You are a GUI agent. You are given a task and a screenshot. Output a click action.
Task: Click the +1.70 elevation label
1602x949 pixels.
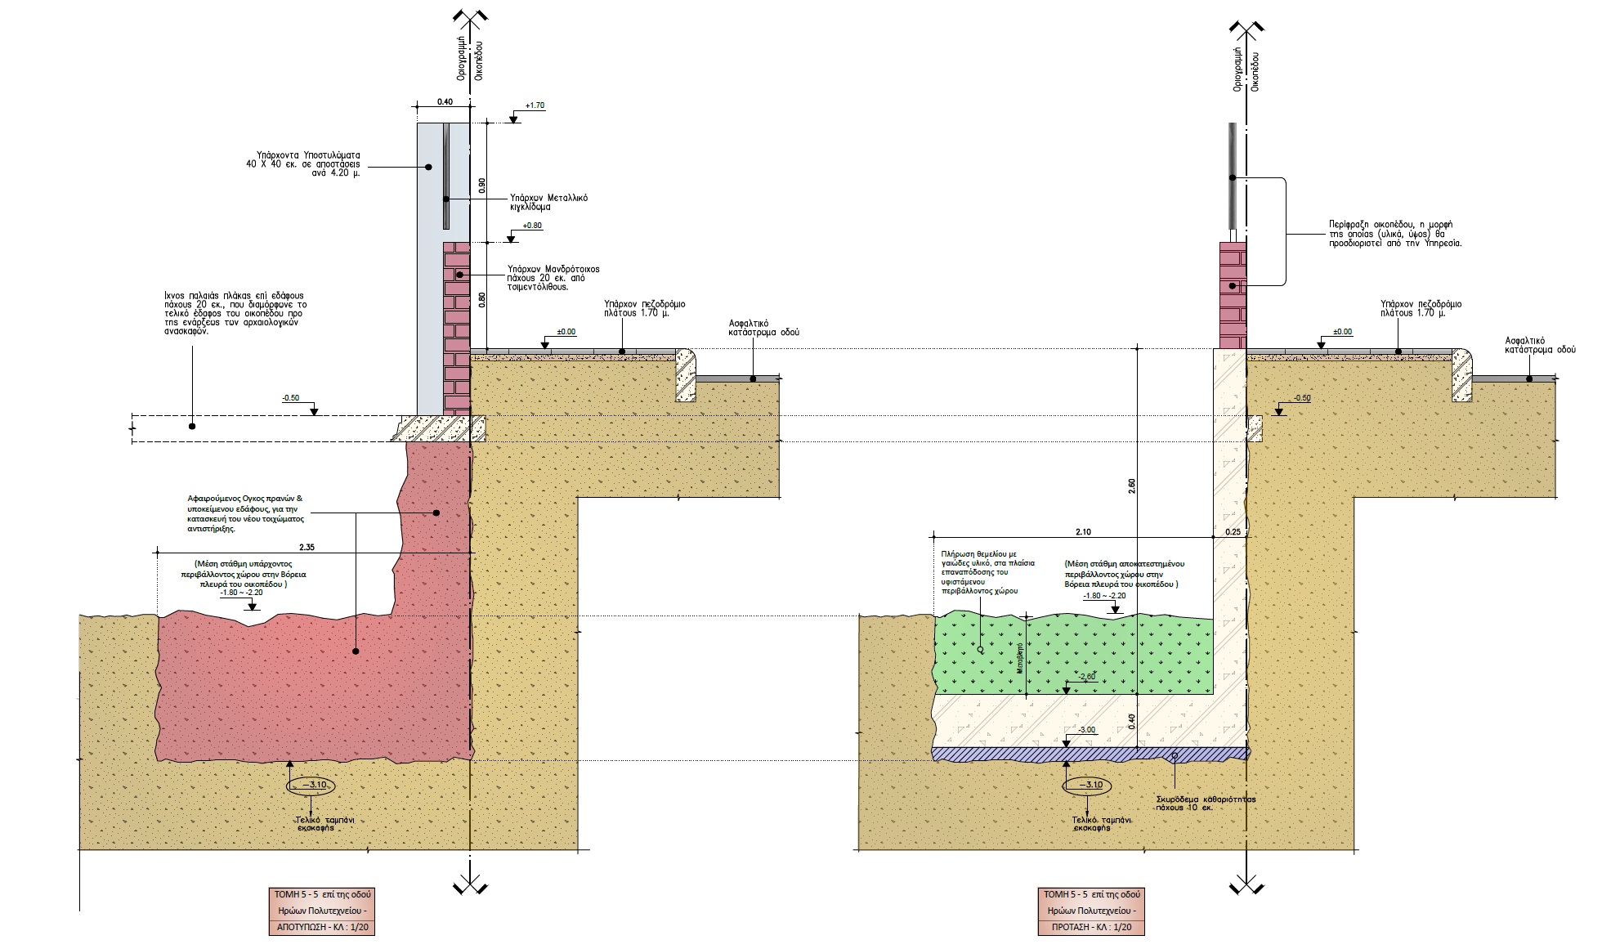coord(535,105)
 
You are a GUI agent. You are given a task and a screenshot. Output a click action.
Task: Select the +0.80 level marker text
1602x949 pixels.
coord(532,226)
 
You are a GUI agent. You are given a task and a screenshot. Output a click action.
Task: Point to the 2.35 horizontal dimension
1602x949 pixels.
coord(307,546)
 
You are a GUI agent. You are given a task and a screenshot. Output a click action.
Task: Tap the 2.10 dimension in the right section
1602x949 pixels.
coord(1082,531)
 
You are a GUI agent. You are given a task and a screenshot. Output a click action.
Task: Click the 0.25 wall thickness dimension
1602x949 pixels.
coord(1232,531)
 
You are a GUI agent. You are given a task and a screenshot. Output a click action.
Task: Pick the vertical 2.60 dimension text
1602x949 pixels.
coord(1131,486)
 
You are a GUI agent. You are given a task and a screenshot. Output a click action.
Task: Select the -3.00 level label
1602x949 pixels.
coord(1086,729)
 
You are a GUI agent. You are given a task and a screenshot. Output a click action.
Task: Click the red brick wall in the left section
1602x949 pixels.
coord(457,327)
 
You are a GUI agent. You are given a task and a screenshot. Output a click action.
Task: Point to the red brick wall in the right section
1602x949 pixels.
coord(1233,294)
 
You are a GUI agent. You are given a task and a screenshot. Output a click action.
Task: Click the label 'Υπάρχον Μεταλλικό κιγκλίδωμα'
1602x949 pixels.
coord(548,202)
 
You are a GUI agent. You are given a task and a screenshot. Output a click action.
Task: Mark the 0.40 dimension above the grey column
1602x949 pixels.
coord(445,102)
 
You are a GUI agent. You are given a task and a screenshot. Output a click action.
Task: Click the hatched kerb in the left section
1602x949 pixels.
coord(685,376)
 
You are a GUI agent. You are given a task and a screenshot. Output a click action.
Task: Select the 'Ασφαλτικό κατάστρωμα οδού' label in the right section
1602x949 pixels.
coord(1540,344)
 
